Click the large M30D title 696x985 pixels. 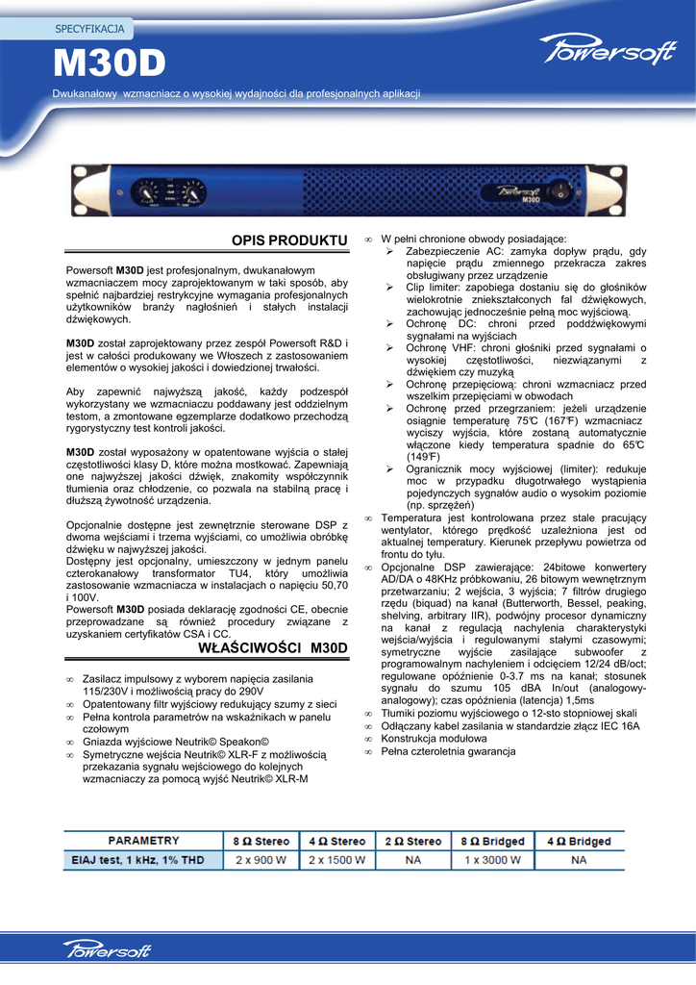click(109, 65)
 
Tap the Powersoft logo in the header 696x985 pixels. click(607, 51)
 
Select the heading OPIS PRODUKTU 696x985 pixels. click(288, 239)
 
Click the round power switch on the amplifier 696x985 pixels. click(561, 193)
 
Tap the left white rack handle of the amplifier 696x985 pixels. click(83, 194)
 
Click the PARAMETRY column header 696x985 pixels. click(143, 841)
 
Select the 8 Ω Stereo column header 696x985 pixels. click(261, 842)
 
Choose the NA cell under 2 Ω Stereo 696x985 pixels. click(413, 860)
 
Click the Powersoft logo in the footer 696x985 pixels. click(108, 950)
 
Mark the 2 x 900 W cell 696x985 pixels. click(261, 860)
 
